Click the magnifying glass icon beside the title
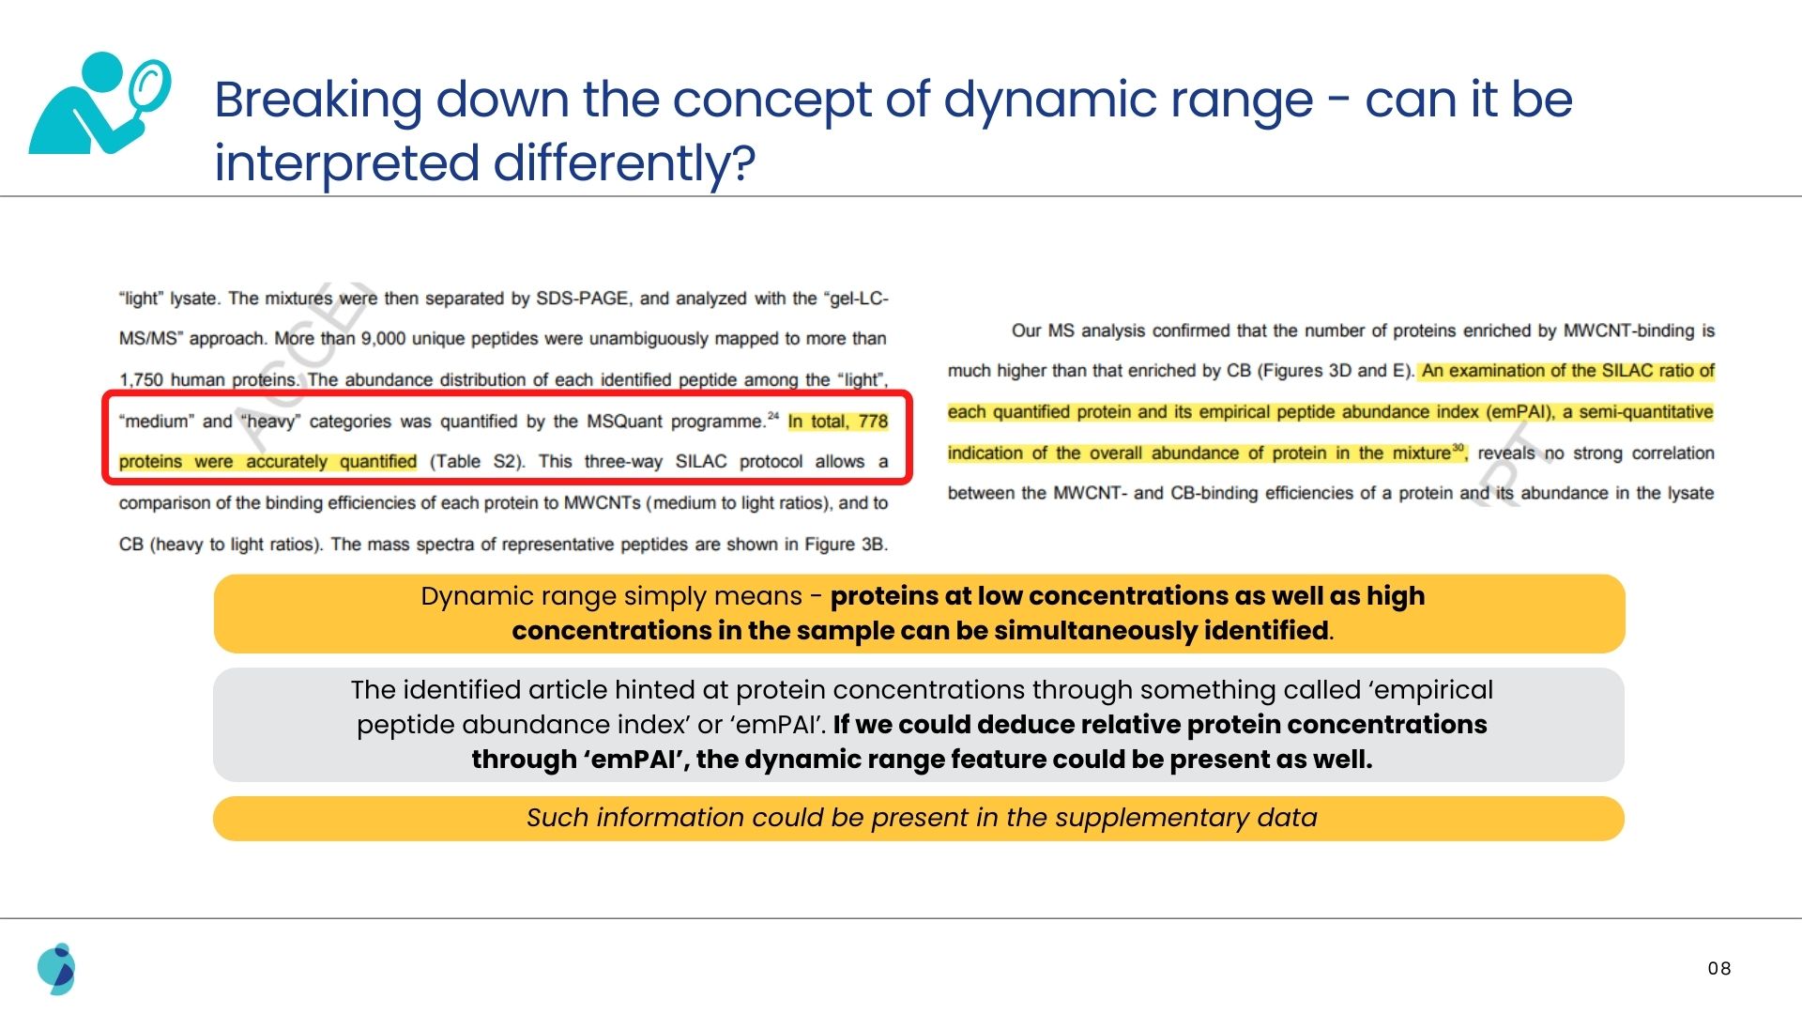[99, 102]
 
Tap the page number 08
[1719, 968]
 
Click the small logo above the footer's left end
[56, 969]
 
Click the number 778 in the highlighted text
[873, 421]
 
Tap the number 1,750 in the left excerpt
[141, 380]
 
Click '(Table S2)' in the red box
[478, 462]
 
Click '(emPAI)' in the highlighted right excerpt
[1520, 412]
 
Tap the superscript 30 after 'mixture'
[1458, 447]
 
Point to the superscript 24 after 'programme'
[773, 416]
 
